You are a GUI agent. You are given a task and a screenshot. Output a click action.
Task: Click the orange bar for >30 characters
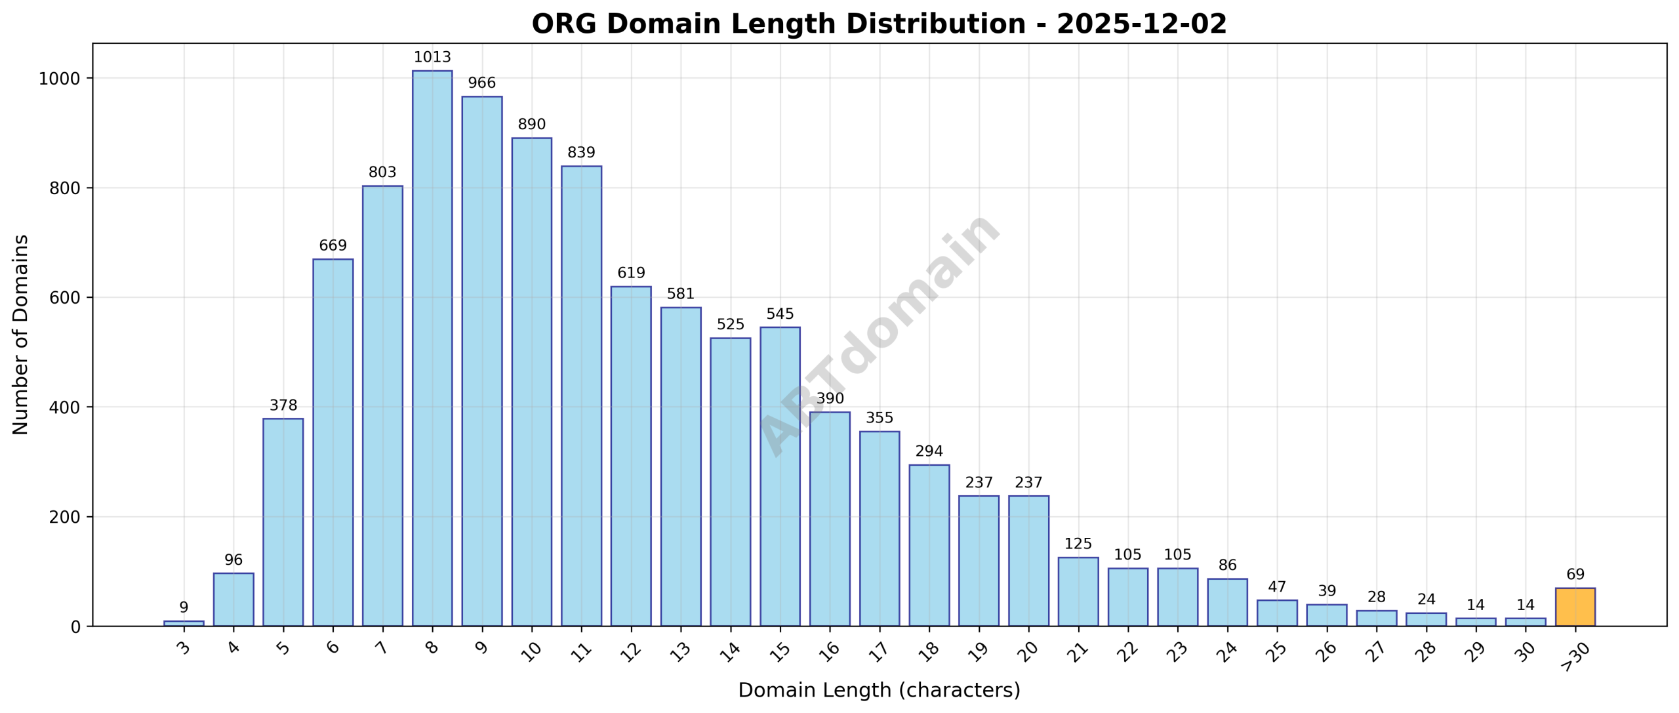(1575, 607)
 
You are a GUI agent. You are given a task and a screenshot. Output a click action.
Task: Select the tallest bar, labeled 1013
(432, 348)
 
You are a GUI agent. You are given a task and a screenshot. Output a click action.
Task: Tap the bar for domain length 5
(283, 521)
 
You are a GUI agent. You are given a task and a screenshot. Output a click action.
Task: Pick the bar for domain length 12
(631, 456)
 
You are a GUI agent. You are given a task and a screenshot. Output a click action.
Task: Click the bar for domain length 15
(780, 476)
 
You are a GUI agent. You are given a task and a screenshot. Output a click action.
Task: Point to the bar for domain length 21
(1078, 591)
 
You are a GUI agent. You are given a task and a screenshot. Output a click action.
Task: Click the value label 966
(481, 83)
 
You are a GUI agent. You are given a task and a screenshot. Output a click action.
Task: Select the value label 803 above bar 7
(382, 173)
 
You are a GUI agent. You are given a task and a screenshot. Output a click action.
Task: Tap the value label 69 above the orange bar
(1575, 575)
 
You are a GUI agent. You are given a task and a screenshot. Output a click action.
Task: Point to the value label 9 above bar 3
(184, 607)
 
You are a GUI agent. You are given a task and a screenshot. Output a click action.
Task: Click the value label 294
(929, 451)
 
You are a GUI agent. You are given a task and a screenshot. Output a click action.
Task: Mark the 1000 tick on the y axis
(60, 79)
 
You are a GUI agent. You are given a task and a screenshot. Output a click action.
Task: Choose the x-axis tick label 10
(532, 651)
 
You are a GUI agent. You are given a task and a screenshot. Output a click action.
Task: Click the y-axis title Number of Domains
(21, 335)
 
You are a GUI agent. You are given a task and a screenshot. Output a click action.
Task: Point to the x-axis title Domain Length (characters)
(879, 691)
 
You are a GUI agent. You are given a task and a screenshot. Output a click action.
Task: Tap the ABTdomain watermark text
(879, 335)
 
